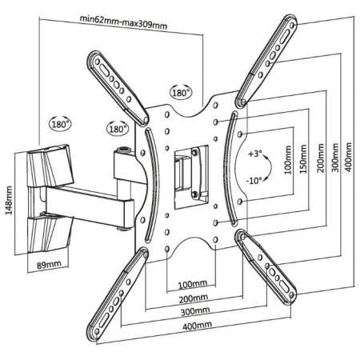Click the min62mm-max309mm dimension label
(x=124, y=22)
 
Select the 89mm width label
(x=49, y=264)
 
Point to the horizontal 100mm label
(x=193, y=284)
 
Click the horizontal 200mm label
(x=193, y=298)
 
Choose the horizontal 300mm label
(x=195, y=311)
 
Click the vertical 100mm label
(x=288, y=159)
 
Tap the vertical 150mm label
(x=303, y=159)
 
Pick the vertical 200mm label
(x=321, y=158)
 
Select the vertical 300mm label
(x=336, y=158)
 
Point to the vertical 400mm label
(x=349, y=158)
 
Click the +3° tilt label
(x=255, y=154)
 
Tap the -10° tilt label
(x=254, y=181)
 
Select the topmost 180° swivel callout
(x=181, y=92)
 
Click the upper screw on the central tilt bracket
(x=195, y=153)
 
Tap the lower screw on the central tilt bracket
(x=195, y=194)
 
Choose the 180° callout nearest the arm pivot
(x=118, y=128)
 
